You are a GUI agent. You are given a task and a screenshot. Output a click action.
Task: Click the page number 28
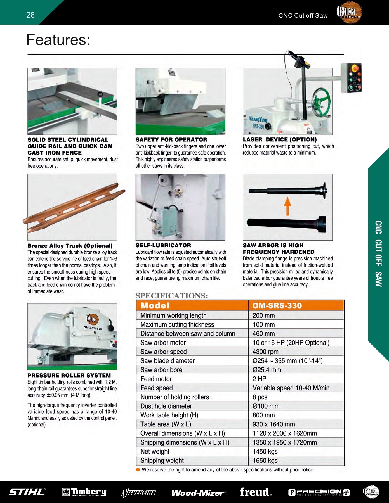[x=30, y=15]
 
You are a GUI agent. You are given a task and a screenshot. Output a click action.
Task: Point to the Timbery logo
[x=84, y=492]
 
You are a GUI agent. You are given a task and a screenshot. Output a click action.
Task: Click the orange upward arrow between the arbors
[x=287, y=206]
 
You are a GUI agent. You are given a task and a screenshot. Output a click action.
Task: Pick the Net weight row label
[x=155, y=451]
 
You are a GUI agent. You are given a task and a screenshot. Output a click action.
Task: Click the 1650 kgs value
[x=265, y=461]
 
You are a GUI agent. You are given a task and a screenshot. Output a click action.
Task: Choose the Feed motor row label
[x=156, y=379]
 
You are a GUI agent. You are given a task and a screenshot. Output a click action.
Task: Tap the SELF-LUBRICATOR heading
[x=163, y=245]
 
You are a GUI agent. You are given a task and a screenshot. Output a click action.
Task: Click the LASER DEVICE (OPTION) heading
[x=280, y=139]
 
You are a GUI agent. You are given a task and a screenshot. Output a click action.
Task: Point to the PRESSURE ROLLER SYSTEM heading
[x=69, y=375]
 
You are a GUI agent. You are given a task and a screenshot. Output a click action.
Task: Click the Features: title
[x=58, y=40]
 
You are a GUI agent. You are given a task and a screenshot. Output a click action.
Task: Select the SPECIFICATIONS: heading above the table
[x=171, y=296]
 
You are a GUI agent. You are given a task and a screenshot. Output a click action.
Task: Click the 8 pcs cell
[x=260, y=397]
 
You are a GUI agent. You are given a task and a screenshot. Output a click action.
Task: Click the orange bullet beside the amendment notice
[x=138, y=469]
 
